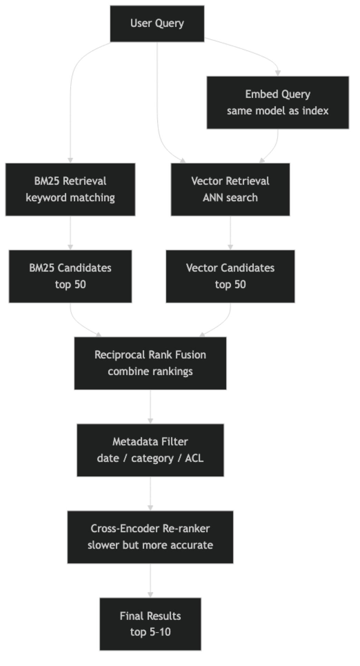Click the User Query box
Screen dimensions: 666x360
pos(157,23)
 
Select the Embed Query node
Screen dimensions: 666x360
pos(278,102)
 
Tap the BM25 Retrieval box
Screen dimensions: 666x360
pos(70,189)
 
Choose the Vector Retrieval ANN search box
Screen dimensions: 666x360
pos(230,189)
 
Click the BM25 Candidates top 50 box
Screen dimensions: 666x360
pos(70,276)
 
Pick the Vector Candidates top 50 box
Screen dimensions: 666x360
pos(230,276)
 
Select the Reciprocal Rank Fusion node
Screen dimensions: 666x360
pos(150,363)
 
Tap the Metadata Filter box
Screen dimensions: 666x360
pos(150,450)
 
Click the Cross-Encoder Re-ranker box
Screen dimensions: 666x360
pos(150,537)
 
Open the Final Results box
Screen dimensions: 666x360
pos(150,624)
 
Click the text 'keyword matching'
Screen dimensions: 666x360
pos(70,198)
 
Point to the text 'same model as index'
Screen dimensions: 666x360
pos(278,111)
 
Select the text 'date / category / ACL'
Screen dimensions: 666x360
pos(150,458)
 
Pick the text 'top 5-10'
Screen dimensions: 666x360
pos(150,632)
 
